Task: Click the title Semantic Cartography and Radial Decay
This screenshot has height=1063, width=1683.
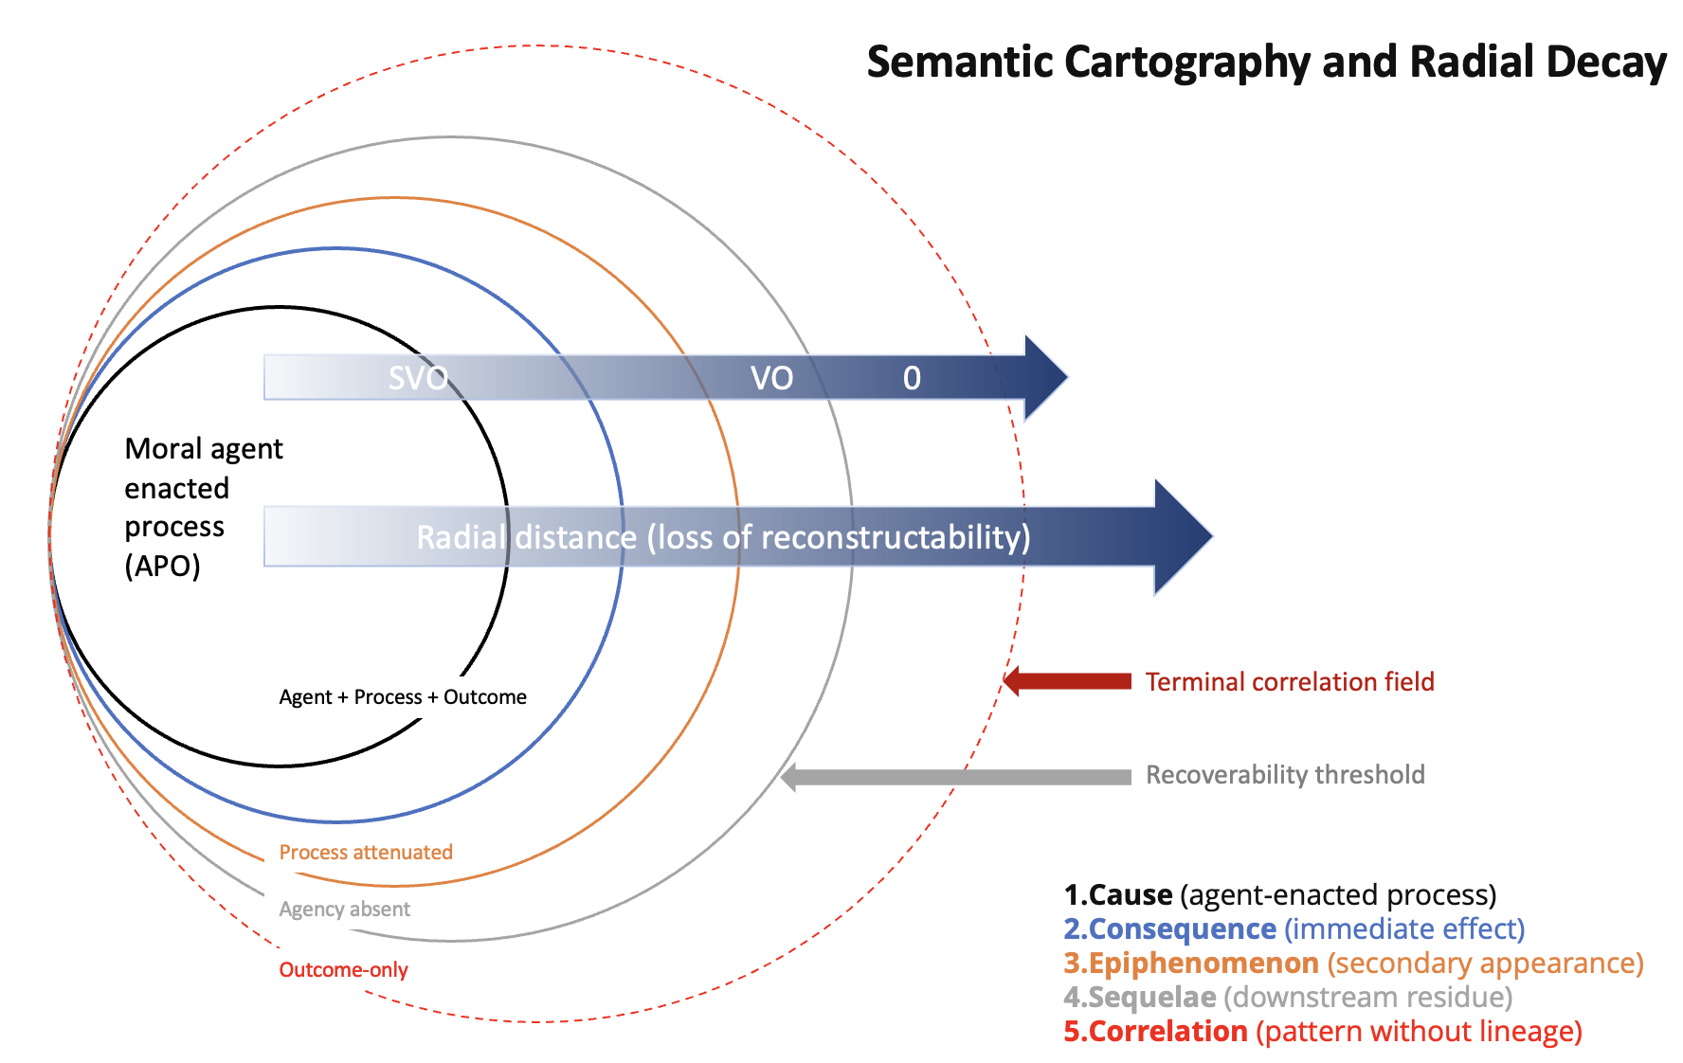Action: coord(1266,63)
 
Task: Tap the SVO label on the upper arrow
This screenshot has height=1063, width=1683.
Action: coord(418,378)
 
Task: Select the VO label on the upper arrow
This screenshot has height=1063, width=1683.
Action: coord(771,378)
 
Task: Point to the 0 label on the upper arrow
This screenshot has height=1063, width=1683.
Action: coord(912,378)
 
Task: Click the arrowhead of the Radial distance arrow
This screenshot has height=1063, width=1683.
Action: coord(1181,537)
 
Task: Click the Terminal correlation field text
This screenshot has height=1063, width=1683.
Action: coord(1290,682)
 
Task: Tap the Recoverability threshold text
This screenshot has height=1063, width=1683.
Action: coord(1285,775)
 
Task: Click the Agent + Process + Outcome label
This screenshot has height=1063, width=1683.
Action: coord(403,697)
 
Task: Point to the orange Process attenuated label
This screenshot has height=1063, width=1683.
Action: coord(366,853)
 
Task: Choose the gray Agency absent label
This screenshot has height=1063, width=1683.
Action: coord(345,910)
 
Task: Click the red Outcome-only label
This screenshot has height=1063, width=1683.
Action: coord(343,970)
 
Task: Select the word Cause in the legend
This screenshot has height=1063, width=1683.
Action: coord(1131,895)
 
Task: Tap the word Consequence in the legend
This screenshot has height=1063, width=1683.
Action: coord(1182,929)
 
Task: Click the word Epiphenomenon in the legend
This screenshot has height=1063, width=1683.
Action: coord(1203,964)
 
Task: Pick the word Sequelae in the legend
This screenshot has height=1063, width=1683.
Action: coord(1151,998)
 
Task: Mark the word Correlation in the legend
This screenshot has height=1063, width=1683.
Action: coord(1167,1032)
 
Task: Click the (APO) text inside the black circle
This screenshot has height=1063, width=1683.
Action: coord(162,567)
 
